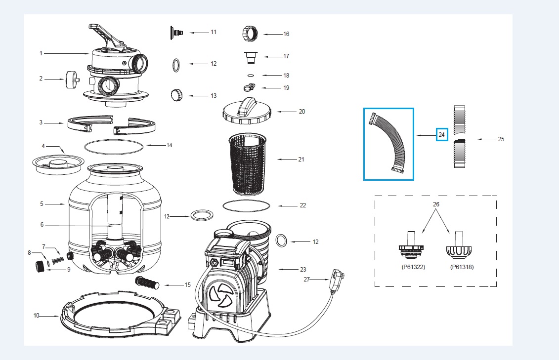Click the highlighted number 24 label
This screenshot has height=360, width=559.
[x=441, y=134]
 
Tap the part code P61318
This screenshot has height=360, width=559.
[x=462, y=267]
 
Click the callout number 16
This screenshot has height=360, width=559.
[x=286, y=34]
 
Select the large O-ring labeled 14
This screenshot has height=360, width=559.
[x=114, y=146]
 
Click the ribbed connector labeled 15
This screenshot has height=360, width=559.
[x=146, y=283]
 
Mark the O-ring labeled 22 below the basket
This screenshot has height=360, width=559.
[x=247, y=204]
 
